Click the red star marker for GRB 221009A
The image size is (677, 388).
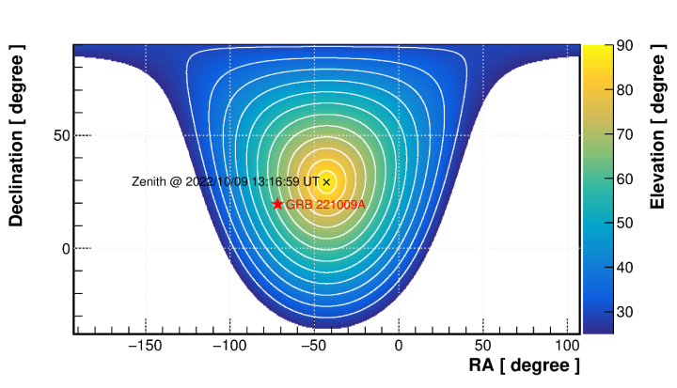pos(277,204)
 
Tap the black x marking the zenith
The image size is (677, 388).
pos(326,181)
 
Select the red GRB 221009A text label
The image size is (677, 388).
pos(325,205)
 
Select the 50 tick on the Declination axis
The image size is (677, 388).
pos(61,135)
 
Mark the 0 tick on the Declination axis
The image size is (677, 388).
pos(66,249)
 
